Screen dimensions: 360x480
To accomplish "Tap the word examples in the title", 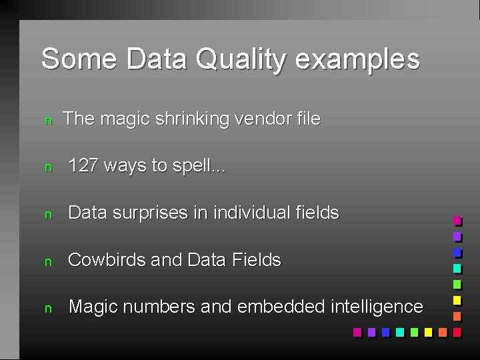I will click(x=357, y=59).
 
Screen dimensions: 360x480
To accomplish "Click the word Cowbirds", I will click(x=107, y=260).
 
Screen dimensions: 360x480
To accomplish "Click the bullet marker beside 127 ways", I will click(x=47, y=167).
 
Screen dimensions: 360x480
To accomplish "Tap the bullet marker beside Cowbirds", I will click(x=47, y=261).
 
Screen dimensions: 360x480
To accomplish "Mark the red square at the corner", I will click(x=457, y=331).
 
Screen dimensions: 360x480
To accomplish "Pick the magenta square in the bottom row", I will click(x=357, y=331).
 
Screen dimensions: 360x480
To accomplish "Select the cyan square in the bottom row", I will click(x=399, y=331).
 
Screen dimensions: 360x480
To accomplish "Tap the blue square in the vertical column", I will click(x=457, y=252).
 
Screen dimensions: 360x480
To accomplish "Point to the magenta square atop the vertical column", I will click(x=457, y=220).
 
